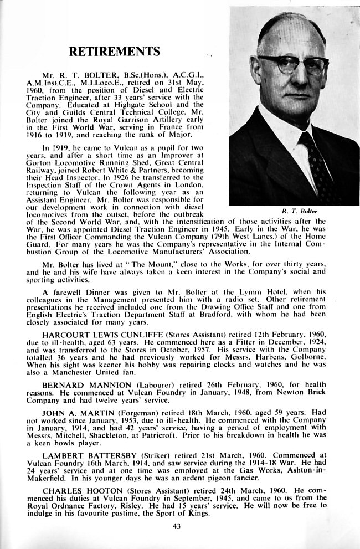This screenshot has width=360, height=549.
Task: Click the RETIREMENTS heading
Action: [114, 52]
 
